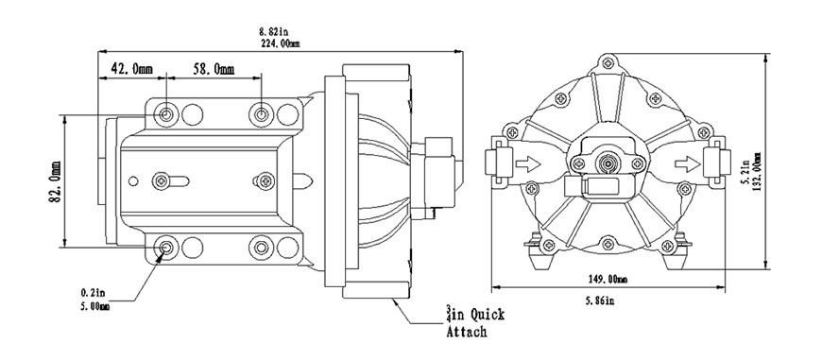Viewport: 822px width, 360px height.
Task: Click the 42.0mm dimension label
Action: pyautogui.click(x=131, y=69)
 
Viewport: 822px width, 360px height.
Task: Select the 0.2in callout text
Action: pyautogui.click(x=94, y=294)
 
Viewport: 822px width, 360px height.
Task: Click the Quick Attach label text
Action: pyautogui.click(x=477, y=321)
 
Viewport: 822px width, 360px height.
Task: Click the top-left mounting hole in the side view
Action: pyautogui.click(x=167, y=114)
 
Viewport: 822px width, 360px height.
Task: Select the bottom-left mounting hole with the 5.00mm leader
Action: pyautogui.click(x=167, y=249)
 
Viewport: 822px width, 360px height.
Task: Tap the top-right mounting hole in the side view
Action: pyautogui.click(x=262, y=114)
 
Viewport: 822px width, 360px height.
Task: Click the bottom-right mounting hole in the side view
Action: pyautogui.click(x=262, y=249)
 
